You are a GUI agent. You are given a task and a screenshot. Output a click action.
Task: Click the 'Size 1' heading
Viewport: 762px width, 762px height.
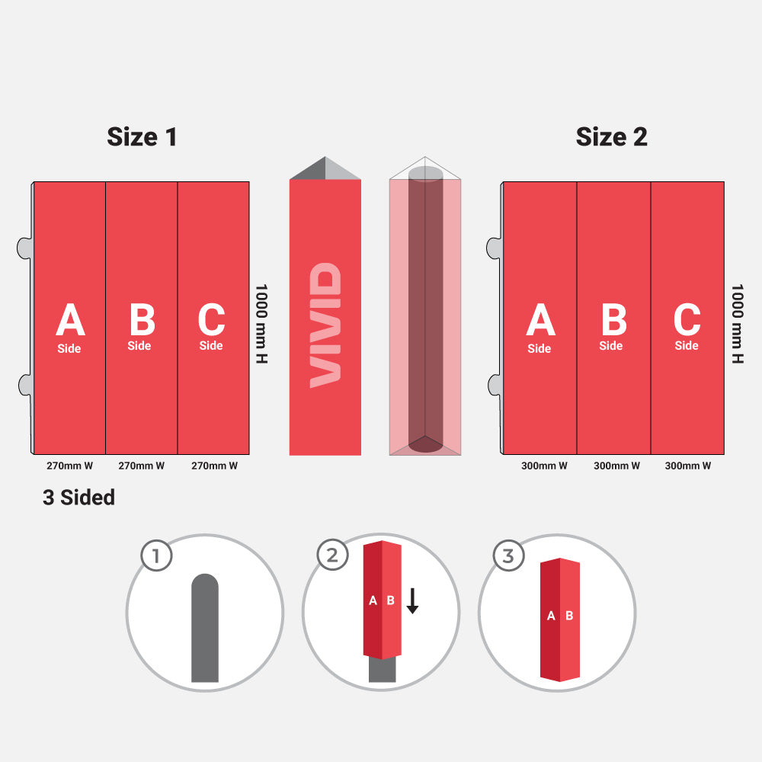(142, 136)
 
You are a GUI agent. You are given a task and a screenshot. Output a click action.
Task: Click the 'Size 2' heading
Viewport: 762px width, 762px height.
(611, 136)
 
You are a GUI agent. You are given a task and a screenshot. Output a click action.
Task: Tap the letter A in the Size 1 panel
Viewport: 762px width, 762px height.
(70, 319)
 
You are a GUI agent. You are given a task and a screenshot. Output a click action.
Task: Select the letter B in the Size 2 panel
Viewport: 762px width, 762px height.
(613, 319)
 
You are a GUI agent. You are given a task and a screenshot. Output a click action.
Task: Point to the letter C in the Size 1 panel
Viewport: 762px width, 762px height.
(211, 319)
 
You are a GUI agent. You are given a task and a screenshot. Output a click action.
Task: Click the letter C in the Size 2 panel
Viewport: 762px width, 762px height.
(687, 319)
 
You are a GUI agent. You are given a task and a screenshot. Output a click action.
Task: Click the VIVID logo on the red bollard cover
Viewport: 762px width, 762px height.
(325, 325)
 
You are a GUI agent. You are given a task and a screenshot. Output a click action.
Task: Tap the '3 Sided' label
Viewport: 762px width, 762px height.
(78, 497)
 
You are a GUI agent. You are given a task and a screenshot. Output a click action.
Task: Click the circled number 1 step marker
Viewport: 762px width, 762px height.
(156, 555)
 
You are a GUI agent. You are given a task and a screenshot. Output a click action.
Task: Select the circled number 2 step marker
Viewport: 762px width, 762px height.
(332, 555)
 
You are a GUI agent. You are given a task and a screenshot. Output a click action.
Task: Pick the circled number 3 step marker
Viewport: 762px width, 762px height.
(508, 555)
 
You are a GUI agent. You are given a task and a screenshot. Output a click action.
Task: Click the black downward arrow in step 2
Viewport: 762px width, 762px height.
(412, 600)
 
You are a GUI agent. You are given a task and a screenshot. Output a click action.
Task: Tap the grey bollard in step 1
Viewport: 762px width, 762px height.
(204, 628)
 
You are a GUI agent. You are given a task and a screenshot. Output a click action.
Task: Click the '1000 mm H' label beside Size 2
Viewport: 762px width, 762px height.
(737, 324)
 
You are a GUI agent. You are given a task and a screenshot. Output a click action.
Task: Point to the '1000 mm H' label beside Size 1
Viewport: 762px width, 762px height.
(261, 324)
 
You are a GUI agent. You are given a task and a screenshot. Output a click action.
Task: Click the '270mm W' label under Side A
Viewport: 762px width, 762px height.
(69, 466)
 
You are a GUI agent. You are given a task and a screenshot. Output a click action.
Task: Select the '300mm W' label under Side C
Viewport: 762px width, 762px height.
(687, 466)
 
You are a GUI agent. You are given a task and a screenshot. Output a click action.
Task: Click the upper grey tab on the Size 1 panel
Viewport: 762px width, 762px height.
(24, 248)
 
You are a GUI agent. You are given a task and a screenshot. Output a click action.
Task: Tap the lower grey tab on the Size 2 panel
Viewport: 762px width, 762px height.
(495, 385)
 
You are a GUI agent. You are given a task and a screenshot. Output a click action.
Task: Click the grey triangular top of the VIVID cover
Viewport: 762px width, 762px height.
(325, 168)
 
